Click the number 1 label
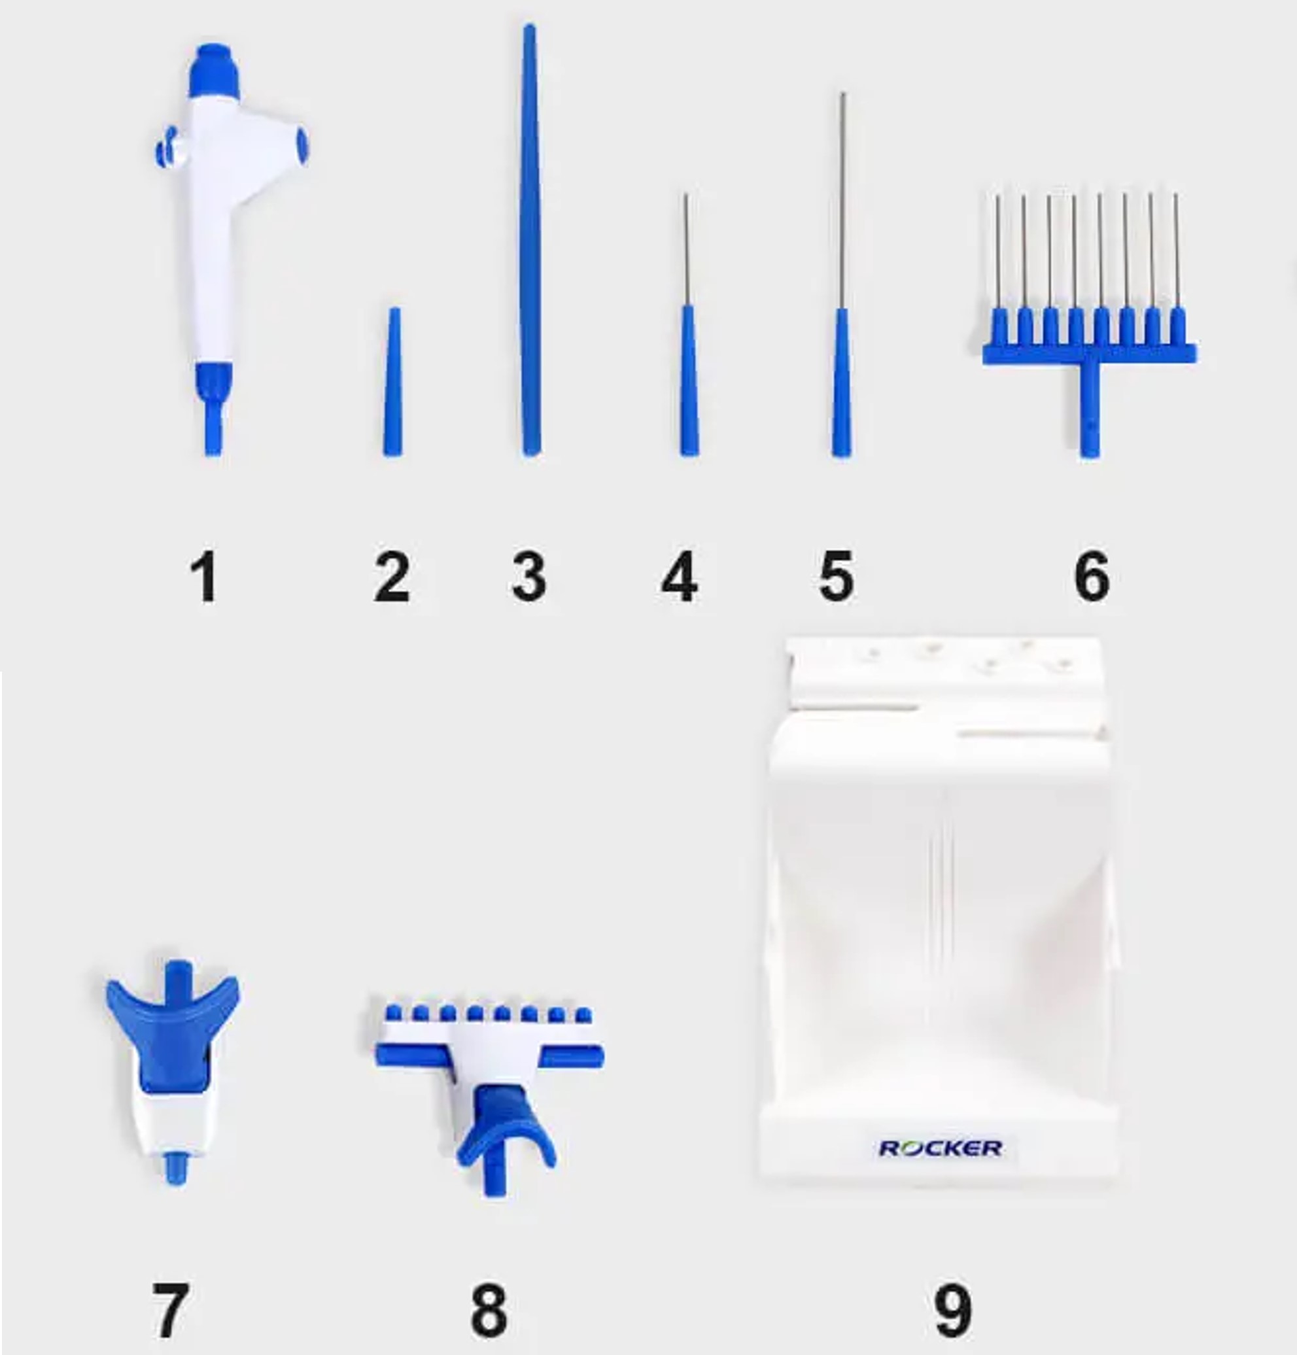point(204,577)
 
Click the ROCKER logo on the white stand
point(941,1148)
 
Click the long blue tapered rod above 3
point(530,242)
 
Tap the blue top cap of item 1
point(215,69)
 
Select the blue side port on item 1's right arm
point(302,145)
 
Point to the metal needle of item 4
point(686,249)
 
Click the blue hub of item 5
point(841,384)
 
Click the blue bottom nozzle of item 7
point(175,1168)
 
